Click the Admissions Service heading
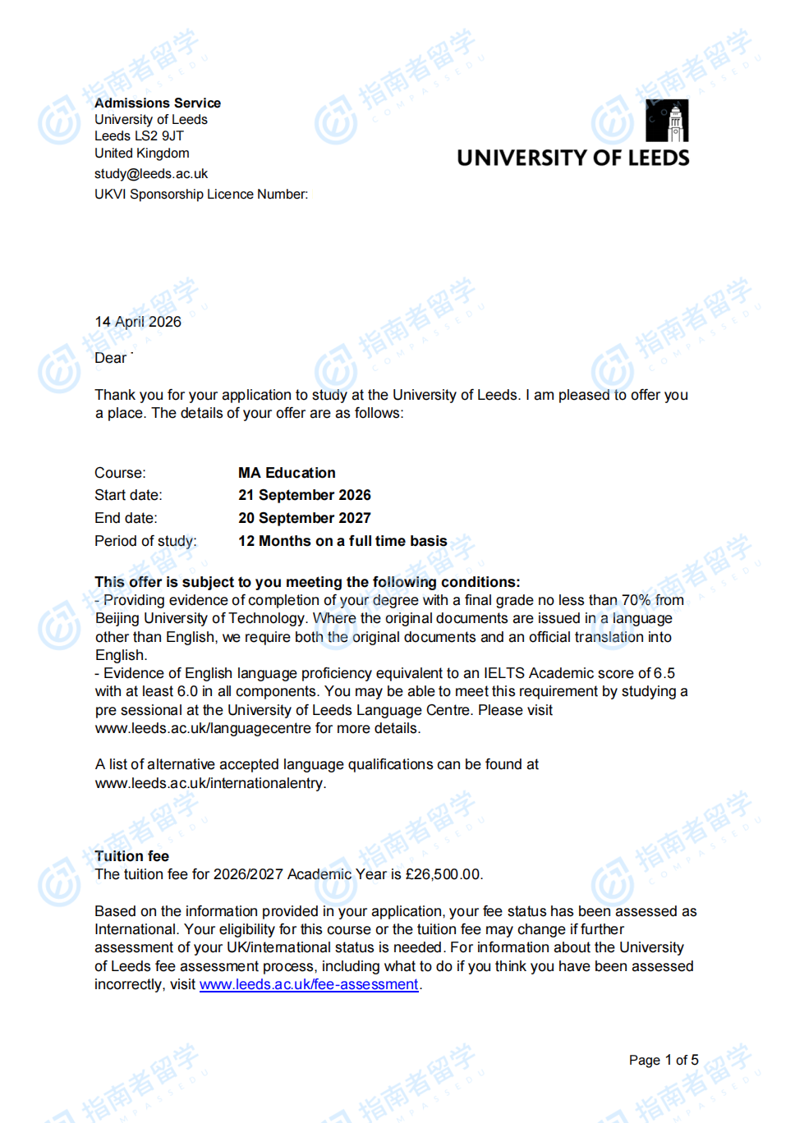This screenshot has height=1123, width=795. point(157,103)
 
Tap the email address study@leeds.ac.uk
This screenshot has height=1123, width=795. point(151,174)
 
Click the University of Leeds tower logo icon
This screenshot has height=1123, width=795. point(668,121)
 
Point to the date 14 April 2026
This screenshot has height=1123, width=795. point(138,322)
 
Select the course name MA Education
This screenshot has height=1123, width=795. point(287,473)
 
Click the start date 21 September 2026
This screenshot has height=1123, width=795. point(304,495)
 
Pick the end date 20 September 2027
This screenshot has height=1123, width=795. point(304,518)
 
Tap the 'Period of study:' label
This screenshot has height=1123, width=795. point(145,541)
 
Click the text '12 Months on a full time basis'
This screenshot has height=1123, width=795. point(342,541)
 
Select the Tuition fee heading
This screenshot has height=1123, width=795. point(131,856)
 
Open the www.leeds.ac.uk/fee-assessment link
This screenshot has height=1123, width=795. point(309,984)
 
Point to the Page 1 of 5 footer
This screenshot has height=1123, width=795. point(664,1060)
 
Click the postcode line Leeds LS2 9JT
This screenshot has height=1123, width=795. point(139,136)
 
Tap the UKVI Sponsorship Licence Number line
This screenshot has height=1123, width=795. point(201,195)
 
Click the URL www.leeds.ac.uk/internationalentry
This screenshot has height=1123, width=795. point(209,783)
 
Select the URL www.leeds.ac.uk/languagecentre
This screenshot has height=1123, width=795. point(203,728)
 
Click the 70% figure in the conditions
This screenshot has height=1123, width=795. point(636,600)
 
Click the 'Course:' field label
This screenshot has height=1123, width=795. point(120,473)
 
